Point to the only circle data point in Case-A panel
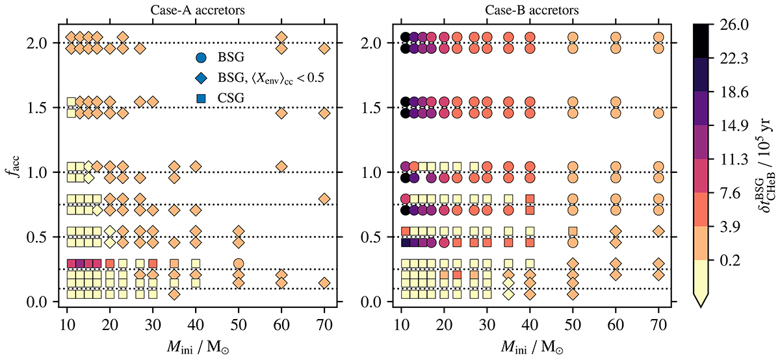pyautogui.click(x=239, y=264)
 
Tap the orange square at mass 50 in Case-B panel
pyautogui.click(x=573, y=231)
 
